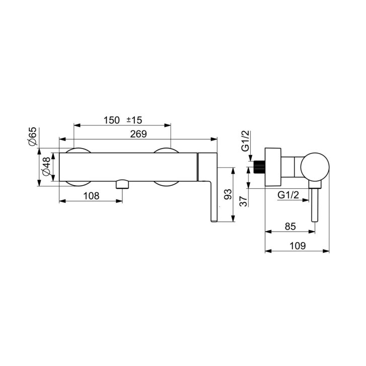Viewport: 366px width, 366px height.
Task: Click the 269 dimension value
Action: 138,134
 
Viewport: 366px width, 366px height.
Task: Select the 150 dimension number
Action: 112,120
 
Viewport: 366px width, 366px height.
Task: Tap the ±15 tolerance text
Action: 134,120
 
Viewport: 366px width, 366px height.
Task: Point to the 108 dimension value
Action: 91,196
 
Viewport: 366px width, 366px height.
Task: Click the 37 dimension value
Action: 244,201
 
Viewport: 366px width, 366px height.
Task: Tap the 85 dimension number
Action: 290,226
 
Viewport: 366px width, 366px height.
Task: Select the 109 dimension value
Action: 298,246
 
